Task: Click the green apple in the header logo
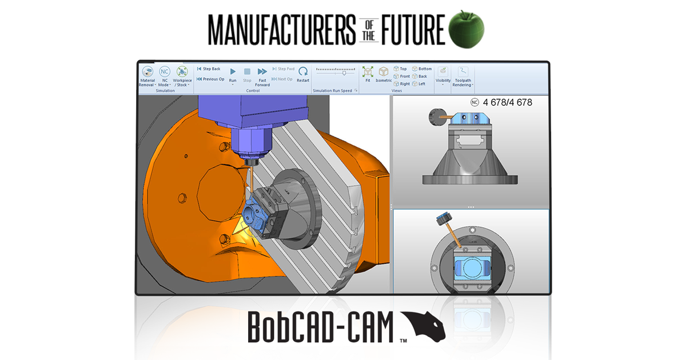(466, 28)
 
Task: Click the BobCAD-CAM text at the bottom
(321, 327)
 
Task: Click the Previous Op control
(210, 79)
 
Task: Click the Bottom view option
(422, 69)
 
